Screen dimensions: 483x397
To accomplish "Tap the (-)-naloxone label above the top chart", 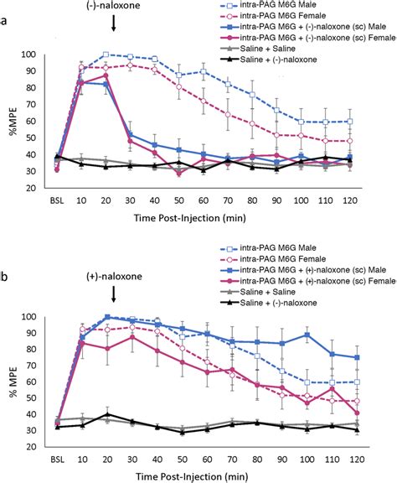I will point(113,8).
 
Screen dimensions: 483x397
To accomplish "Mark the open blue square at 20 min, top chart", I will point(106,55).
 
